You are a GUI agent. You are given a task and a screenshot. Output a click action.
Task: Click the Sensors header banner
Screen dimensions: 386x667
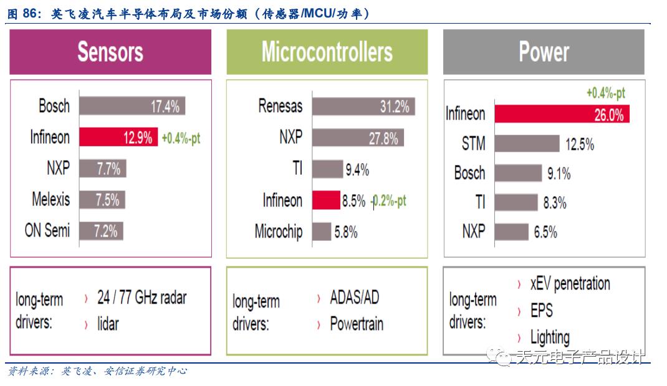point(110,52)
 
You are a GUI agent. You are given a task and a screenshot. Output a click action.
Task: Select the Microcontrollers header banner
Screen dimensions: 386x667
point(327,52)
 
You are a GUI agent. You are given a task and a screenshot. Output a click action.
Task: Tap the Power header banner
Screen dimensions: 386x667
point(544,52)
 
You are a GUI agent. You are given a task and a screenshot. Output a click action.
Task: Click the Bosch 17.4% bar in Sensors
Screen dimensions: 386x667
point(132,106)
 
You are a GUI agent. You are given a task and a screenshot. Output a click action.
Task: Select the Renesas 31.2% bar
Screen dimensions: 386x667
point(363,106)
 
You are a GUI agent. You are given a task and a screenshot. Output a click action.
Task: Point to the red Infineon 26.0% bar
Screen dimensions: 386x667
point(562,114)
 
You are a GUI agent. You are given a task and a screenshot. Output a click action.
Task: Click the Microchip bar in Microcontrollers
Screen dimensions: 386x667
point(322,232)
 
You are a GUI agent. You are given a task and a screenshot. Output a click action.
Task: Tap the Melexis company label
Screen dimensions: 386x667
point(51,199)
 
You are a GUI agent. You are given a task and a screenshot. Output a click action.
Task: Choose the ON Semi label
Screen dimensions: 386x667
point(47,230)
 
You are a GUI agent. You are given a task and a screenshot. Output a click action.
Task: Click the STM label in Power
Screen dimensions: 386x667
point(474,144)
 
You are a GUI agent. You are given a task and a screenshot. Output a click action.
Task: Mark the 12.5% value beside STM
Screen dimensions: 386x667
point(580,144)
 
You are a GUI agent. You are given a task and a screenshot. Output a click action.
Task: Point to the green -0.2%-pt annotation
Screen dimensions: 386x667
point(388,200)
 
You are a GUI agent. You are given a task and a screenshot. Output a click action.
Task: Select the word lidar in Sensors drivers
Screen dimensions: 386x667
point(108,323)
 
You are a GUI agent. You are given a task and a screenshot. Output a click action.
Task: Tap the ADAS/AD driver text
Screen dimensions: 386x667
point(354,298)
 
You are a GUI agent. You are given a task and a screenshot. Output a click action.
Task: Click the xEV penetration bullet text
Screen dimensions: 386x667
point(570,284)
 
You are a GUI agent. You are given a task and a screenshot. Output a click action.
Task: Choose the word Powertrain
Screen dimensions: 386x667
point(357,324)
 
